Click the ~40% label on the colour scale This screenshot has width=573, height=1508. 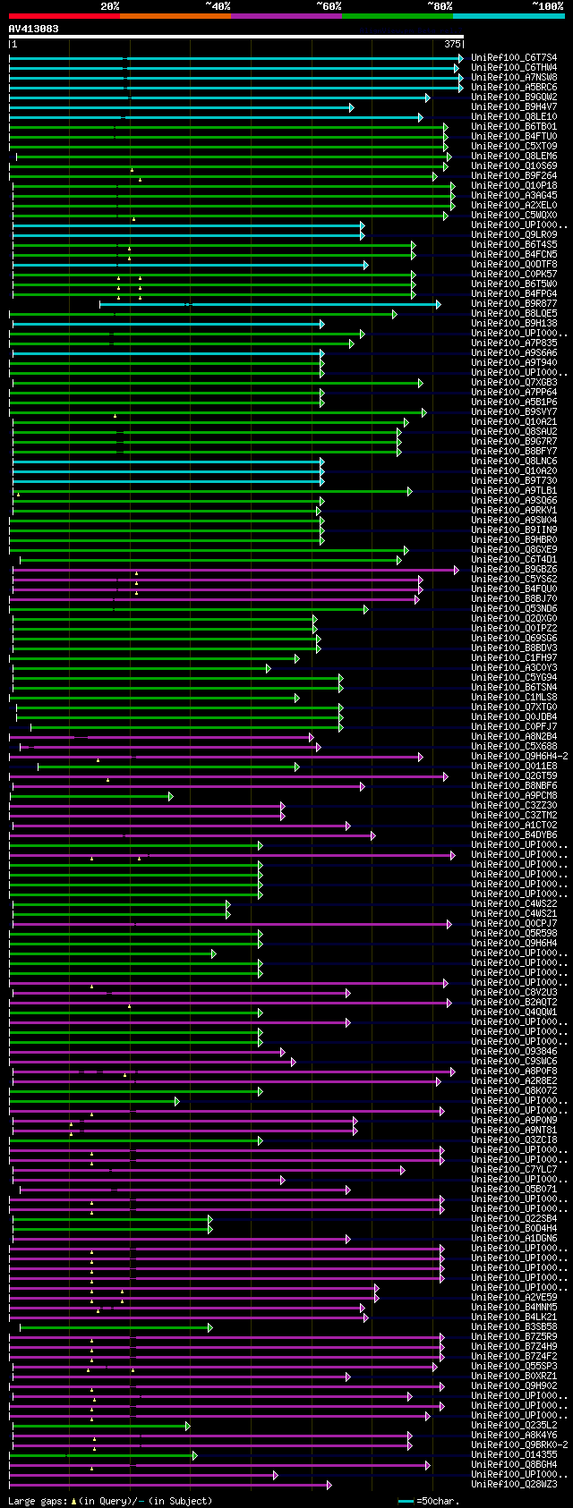click(218, 6)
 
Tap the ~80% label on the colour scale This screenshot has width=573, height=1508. click(440, 6)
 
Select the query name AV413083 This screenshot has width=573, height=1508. click(34, 29)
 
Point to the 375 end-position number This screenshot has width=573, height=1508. click(452, 43)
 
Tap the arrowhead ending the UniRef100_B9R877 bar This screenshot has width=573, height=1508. click(438, 304)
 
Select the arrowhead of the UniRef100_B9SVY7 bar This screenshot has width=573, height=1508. click(423, 412)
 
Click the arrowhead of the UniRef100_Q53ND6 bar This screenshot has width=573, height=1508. click(365, 609)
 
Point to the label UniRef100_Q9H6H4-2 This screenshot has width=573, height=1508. click(519, 757)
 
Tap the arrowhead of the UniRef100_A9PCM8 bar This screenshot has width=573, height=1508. click(171, 796)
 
